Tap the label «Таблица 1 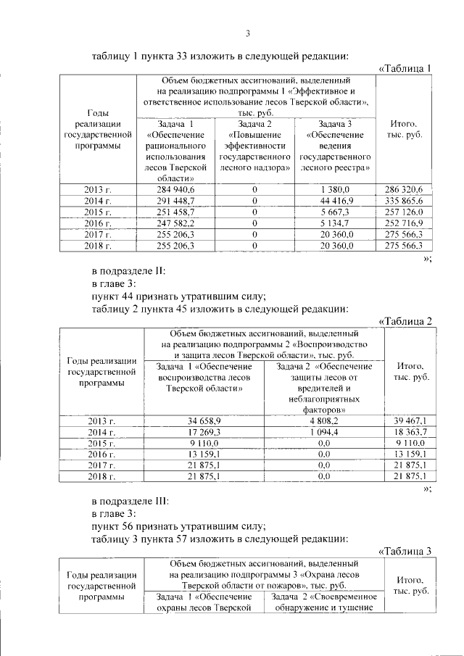[x=405, y=69]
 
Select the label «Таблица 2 [x=405, y=321]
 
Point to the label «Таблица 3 [x=405, y=551]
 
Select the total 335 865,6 [x=407, y=201]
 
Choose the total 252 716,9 [x=407, y=223]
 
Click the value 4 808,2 [x=323, y=420]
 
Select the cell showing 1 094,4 [x=323, y=431]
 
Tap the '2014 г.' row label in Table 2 [x=101, y=431]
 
